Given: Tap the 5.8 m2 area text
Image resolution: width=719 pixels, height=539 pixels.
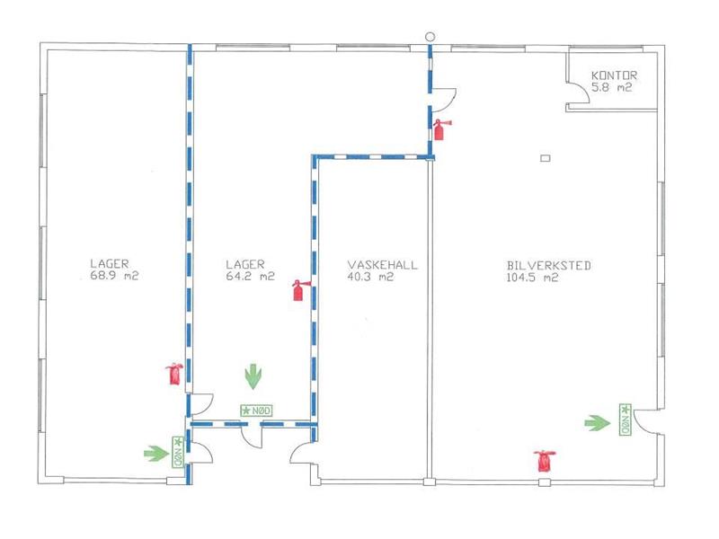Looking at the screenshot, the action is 612,87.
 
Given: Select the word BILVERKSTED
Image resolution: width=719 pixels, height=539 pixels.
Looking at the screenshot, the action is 549,265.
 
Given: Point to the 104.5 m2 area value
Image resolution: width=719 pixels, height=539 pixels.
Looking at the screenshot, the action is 532,278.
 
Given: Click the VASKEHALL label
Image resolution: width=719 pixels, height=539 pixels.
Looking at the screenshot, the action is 383,265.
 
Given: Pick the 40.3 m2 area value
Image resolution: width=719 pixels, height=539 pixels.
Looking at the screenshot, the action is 370,277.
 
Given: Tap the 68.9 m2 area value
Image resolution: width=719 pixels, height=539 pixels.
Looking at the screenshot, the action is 114,276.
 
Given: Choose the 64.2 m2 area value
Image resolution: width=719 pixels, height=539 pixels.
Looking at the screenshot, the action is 251,277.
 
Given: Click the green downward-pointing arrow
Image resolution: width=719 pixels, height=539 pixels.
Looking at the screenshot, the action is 253,376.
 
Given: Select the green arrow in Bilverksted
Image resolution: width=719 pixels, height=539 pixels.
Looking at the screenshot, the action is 598,423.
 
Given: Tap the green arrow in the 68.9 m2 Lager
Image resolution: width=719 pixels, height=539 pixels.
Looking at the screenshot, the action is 156,454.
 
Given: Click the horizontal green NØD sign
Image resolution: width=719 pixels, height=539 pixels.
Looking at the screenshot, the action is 256,411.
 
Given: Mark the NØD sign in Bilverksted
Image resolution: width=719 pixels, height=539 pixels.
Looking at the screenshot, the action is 625,420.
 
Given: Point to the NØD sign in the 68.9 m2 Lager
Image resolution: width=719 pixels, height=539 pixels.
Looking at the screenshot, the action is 178,452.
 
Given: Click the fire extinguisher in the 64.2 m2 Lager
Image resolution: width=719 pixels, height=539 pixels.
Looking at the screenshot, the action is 299,290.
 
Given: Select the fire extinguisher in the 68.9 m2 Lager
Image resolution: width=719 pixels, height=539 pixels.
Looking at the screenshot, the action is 174,374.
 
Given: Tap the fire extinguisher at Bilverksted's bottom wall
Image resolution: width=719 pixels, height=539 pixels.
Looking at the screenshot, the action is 545,461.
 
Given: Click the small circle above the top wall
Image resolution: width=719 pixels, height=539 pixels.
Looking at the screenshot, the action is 430,37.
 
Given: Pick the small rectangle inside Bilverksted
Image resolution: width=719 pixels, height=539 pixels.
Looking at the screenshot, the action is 546,158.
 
